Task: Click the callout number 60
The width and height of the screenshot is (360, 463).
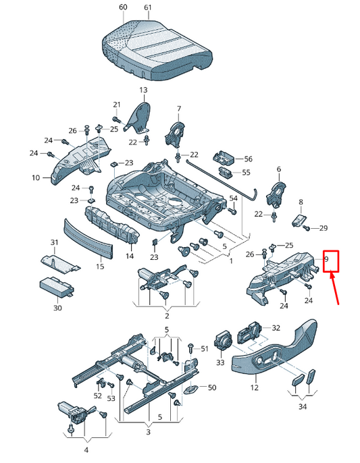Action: point(123,7)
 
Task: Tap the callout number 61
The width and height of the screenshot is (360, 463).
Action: point(148,7)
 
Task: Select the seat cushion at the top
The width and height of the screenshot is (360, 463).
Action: point(157,49)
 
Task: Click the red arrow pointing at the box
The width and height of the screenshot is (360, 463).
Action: point(334,288)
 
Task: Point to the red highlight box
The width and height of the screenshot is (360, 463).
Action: point(331,262)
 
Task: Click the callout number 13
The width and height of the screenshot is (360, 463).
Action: point(143,90)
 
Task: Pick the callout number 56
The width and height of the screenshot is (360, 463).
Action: point(249,159)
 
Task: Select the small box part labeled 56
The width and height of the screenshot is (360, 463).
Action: point(224,159)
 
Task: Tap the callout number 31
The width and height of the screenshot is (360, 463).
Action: point(54,242)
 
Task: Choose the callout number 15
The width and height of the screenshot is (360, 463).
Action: point(100,267)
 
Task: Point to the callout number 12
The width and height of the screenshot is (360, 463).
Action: point(254,387)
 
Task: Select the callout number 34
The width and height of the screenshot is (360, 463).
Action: point(303,406)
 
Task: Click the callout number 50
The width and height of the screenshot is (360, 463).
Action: point(212,387)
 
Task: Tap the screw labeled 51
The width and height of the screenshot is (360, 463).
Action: point(190,349)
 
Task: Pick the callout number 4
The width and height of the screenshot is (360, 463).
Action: point(86,450)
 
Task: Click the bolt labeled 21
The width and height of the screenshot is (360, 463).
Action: point(116,119)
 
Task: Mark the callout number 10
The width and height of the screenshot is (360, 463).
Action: point(36,178)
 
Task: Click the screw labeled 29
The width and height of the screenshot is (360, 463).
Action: point(307,227)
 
